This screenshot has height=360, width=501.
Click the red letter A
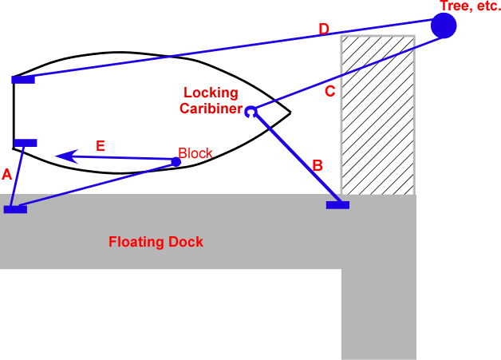[7, 174]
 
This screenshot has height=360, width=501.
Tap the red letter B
[317, 166]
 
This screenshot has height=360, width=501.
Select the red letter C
[329, 92]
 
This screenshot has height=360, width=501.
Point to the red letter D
[323, 30]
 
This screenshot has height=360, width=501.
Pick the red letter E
[100, 145]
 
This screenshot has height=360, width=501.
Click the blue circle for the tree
[444, 26]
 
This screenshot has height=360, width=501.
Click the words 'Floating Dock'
[156, 241]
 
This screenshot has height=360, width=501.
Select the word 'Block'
[195, 152]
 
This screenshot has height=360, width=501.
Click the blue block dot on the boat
[176, 162]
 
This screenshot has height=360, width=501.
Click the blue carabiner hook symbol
[250, 112]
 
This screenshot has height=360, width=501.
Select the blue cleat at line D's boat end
[23, 79]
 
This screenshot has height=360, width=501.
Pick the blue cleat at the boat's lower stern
[26, 143]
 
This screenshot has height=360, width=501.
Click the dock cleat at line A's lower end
[15, 209]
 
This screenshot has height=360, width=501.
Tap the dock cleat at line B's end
[337, 205]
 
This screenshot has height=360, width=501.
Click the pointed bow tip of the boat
[290, 112]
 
